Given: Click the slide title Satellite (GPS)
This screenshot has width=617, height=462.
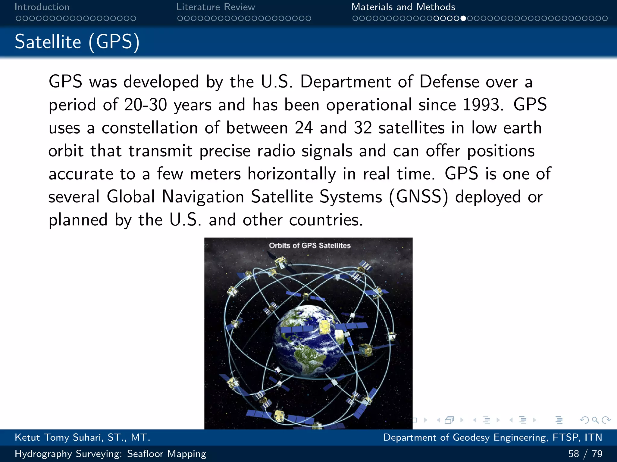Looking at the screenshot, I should [77, 42].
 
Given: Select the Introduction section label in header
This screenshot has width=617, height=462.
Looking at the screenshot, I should [42, 7].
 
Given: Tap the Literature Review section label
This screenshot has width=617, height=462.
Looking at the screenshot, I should [215, 7].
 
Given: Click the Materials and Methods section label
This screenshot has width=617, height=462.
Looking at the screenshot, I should [403, 7].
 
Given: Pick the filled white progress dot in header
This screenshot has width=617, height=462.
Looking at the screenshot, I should [463, 18].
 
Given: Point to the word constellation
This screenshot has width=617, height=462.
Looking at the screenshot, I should [149, 128].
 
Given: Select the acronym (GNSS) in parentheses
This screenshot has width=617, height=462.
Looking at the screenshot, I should [418, 197].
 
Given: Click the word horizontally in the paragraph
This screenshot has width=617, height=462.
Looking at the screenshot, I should [292, 174].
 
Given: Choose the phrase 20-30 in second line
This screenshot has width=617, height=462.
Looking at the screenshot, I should [145, 105].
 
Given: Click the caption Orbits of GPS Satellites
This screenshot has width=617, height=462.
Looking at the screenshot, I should [310, 245].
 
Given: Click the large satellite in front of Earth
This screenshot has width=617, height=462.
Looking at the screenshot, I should [325, 327].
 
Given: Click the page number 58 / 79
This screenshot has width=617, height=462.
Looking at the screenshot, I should [585, 454].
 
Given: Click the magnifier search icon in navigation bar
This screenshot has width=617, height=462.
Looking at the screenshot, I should [595, 420].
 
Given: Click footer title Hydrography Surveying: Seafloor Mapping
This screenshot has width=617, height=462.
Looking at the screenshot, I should [110, 454].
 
